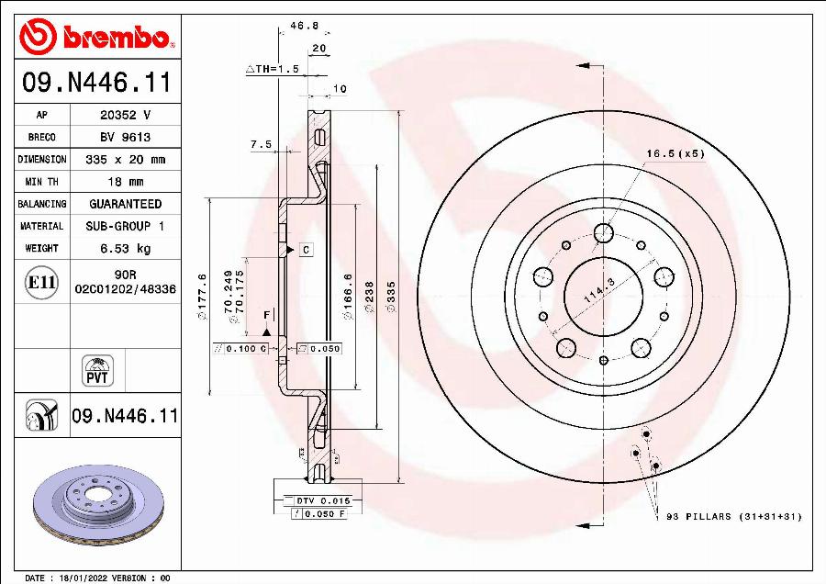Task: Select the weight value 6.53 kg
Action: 125,248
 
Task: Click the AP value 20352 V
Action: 125,115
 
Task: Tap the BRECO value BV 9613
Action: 125,137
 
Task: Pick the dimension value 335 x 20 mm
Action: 125,159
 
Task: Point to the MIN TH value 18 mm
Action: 125,182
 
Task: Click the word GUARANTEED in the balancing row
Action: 125,204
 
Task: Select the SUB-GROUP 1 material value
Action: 125,226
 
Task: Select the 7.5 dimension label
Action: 261,144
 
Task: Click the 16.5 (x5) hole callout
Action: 675,153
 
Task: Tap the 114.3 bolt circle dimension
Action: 597,297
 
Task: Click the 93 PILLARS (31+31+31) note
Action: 733,517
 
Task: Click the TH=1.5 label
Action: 273,69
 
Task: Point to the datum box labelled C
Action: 306,250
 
